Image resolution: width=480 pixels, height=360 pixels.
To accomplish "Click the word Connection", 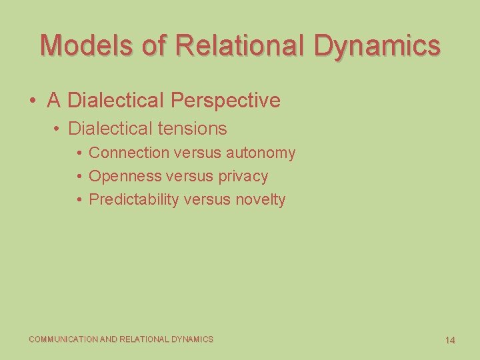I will [129, 153].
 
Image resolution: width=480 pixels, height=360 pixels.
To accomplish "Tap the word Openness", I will [125, 176].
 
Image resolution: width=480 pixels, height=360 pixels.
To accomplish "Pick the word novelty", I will [260, 199].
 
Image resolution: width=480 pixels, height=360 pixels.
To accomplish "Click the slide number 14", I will [450, 340].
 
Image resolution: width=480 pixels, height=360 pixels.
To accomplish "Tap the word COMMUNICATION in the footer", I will [63, 339].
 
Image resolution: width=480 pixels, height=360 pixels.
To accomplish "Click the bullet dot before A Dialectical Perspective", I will [32, 101].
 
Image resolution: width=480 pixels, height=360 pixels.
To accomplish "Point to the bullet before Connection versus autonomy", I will [79, 153].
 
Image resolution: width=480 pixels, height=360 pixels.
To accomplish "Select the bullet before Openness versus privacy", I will [79, 177].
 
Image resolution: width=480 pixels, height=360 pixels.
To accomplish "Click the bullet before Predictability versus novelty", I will [79, 200].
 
